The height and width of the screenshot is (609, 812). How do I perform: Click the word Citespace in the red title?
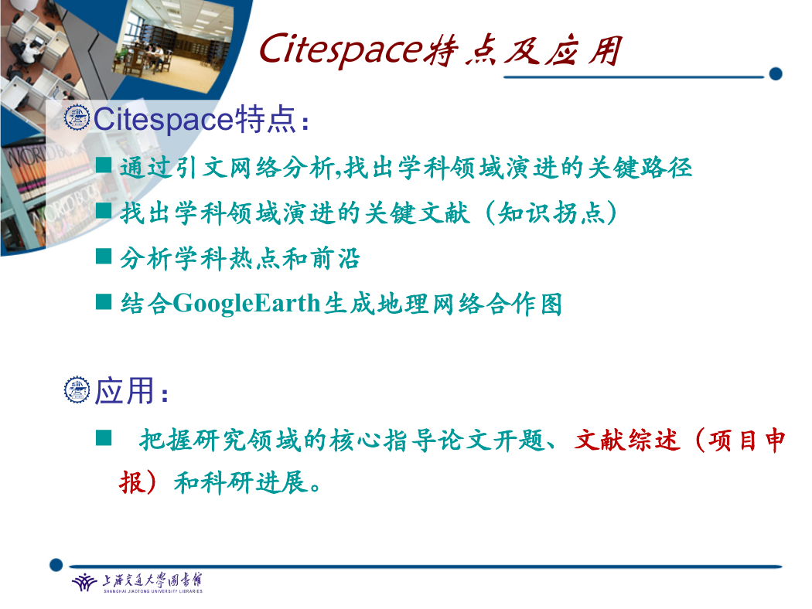click(x=341, y=49)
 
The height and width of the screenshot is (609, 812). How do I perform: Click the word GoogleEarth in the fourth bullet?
click(x=247, y=304)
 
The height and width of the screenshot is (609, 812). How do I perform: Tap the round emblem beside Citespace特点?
click(x=77, y=117)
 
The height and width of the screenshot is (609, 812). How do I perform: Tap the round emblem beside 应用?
click(x=77, y=390)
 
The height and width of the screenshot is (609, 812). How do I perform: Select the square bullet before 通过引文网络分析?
click(x=104, y=165)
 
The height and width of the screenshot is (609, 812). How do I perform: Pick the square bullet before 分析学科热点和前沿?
click(x=104, y=256)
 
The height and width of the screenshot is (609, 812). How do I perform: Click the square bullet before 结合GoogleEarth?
click(x=104, y=301)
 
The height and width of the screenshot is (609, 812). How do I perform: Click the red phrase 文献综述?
click(x=626, y=441)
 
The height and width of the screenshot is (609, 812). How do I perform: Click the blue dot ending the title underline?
click(x=775, y=74)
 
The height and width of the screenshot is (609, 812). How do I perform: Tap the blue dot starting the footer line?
click(x=56, y=564)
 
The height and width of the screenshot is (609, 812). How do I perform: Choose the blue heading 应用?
click(x=125, y=390)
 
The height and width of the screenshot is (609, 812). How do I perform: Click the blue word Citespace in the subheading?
click(x=163, y=120)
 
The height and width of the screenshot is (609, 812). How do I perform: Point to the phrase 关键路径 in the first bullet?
click(x=640, y=168)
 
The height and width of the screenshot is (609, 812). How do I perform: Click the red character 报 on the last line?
click(x=131, y=483)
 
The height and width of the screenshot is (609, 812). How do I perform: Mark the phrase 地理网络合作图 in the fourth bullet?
click(x=443, y=304)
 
